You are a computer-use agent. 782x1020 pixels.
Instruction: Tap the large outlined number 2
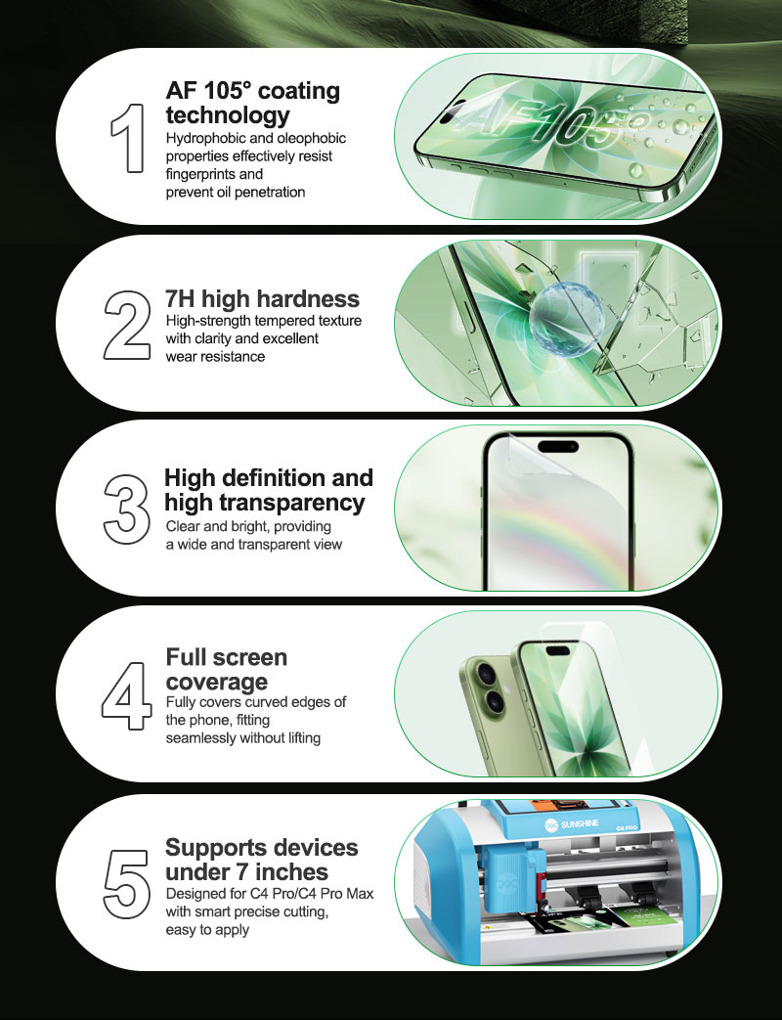[127, 326]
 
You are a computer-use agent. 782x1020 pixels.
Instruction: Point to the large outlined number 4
[127, 695]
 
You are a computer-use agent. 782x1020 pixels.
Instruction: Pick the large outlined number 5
[127, 884]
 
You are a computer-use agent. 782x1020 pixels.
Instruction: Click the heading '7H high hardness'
[262, 298]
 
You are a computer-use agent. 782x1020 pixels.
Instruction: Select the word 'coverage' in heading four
[216, 682]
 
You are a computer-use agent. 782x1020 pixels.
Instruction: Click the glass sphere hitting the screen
[566, 318]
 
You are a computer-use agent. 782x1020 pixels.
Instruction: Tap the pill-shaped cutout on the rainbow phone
[558, 446]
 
